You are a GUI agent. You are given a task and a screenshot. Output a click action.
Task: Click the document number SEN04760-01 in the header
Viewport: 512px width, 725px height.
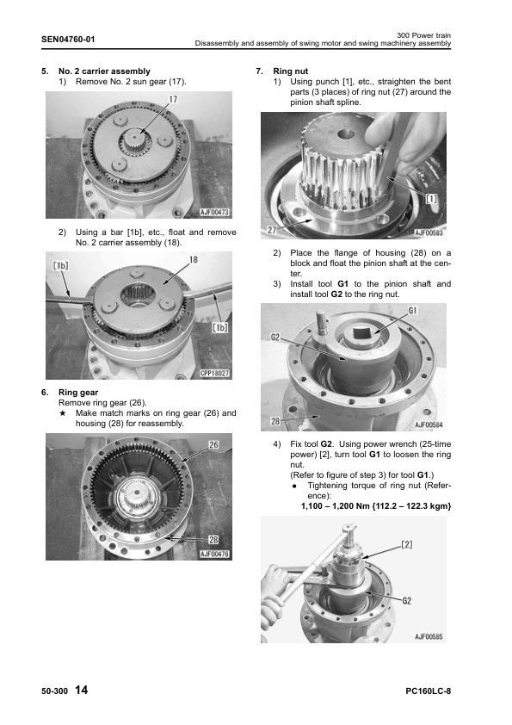pos(68,40)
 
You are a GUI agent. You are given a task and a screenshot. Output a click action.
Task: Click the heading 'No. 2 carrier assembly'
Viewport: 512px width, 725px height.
pos(104,71)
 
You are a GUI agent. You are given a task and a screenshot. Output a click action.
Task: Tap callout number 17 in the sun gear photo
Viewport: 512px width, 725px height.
pos(173,99)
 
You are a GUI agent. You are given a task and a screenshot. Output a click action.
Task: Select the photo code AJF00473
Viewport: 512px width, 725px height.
pos(214,212)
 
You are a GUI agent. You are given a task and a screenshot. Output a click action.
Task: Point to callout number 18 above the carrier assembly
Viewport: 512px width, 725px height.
pos(194,260)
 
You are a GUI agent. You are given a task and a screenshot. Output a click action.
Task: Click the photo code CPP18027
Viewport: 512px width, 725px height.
pos(214,373)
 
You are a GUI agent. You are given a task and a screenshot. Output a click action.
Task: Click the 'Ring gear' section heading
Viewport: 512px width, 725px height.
pos(78,393)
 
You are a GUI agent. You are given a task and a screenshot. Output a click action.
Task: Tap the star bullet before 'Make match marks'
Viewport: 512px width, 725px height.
pos(64,413)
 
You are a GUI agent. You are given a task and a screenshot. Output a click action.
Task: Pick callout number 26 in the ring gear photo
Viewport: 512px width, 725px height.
pos(213,445)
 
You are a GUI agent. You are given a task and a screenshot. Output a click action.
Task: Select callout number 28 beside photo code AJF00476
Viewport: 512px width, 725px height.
pos(213,540)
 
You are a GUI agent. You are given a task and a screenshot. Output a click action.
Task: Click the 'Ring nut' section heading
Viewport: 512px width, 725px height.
pos(291,71)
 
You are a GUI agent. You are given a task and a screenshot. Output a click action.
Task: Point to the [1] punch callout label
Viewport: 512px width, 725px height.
pos(431,198)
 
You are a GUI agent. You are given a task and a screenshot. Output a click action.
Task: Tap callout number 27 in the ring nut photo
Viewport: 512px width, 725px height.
pos(272,230)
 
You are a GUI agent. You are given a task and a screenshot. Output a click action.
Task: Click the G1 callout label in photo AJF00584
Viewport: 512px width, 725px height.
pos(413,310)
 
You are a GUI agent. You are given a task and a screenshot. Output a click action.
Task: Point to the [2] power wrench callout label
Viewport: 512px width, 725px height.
pos(407,545)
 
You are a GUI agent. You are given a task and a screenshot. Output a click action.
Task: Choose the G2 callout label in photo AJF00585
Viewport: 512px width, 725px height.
pos(407,601)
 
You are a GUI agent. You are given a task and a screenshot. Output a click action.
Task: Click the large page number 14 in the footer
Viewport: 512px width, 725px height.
pos(81,690)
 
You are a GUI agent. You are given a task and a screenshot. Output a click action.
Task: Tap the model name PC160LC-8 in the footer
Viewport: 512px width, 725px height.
pos(429,691)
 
